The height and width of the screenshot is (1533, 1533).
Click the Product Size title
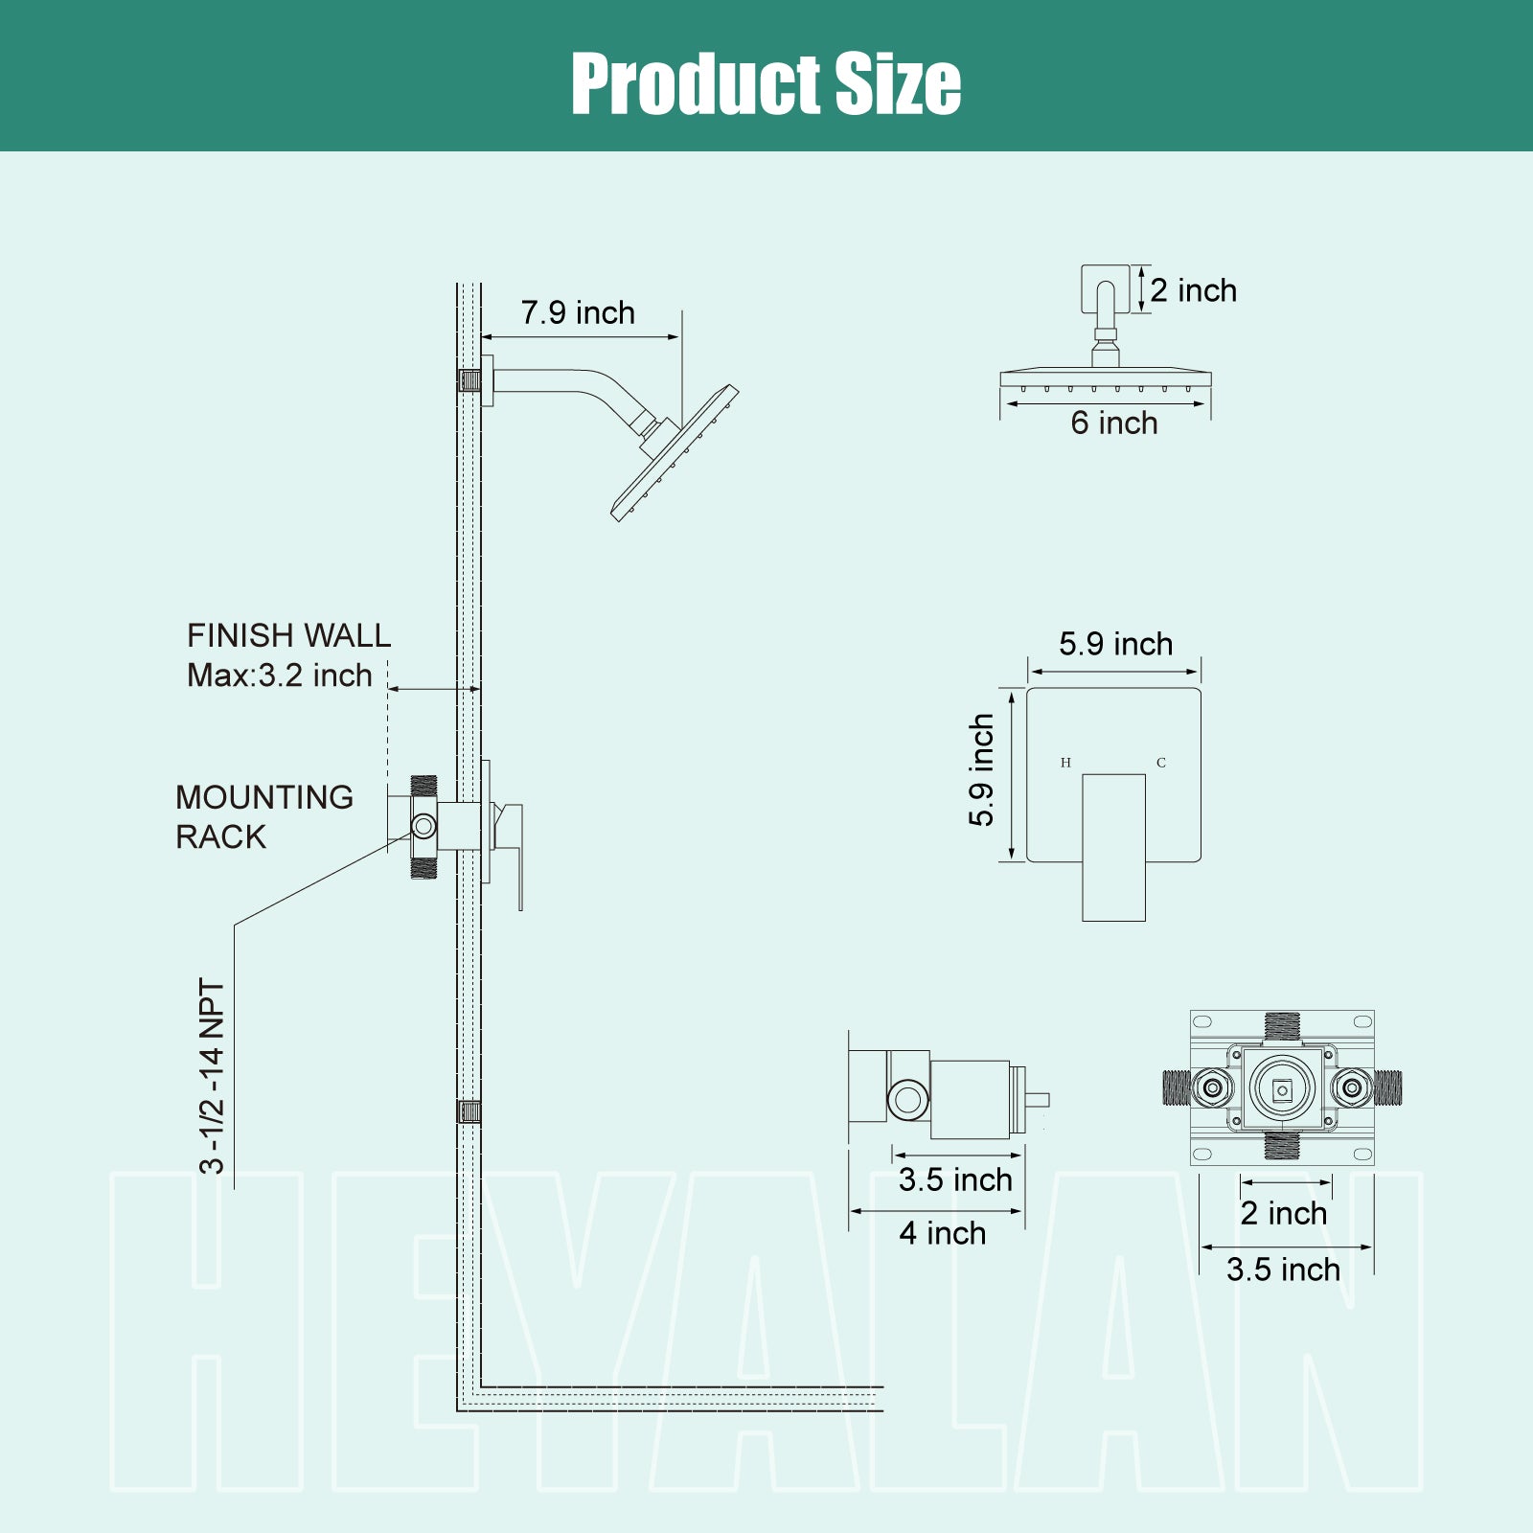(766, 83)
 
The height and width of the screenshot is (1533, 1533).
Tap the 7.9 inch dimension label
(578, 312)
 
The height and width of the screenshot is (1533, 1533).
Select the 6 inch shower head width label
(1114, 423)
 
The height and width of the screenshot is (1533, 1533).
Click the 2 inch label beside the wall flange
(1194, 290)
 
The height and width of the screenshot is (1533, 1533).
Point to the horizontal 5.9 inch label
(1116, 644)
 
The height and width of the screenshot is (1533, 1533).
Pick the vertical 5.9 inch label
(981, 770)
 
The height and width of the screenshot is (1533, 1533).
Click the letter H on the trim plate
(1065, 763)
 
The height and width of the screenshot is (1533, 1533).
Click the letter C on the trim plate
(1161, 763)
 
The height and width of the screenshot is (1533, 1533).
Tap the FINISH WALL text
(288, 635)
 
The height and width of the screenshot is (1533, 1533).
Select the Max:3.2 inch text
(280, 675)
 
